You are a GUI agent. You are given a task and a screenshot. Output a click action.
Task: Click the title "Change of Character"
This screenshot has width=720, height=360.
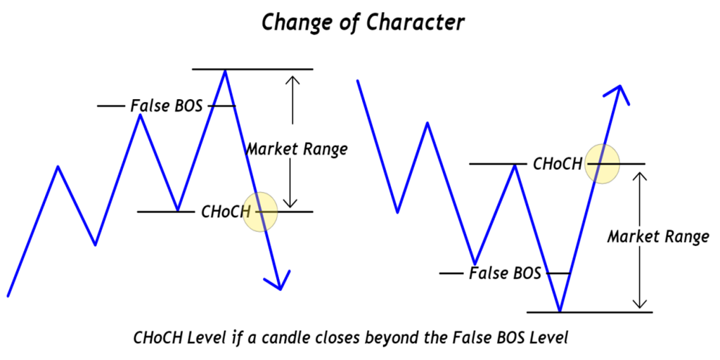pos(363,22)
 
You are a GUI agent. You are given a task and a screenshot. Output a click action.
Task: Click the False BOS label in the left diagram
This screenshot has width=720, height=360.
pos(167,106)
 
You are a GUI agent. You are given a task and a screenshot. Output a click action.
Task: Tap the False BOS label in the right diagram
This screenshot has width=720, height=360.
pos(505,273)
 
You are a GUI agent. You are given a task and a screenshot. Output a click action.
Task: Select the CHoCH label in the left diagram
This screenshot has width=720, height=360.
pos(226,211)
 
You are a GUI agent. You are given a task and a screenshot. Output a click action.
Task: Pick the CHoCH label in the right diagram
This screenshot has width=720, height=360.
pos(558,164)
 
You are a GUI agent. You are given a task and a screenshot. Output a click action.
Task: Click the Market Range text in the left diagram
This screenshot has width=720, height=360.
pos(297,149)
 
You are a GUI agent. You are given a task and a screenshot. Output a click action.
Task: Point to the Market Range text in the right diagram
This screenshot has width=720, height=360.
pos(658,237)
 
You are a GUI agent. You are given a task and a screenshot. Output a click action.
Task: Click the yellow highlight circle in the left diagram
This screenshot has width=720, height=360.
pos(260,211)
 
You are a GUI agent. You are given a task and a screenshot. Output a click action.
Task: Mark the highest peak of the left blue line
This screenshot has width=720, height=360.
pos(225,70)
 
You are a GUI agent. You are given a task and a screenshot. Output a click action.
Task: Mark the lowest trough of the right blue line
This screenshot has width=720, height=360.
pos(560,310)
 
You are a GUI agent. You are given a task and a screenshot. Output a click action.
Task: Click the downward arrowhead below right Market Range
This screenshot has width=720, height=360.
pos(639,303)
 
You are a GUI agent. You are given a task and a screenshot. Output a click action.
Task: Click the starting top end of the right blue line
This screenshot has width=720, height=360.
pos(358,81)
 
